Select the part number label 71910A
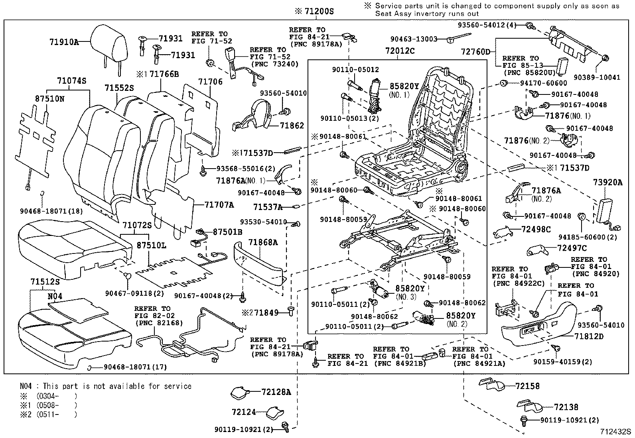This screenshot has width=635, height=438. (64, 41)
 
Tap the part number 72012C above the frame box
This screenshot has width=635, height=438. (400, 51)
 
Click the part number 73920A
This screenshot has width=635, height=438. (607, 183)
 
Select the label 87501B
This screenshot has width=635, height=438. (227, 232)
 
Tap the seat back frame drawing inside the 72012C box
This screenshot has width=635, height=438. (443, 108)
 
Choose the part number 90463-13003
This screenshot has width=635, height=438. (414, 39)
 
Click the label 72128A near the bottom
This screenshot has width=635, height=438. (276, 392)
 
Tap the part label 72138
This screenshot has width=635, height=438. (566, 407)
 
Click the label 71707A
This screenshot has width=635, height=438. (219, 205)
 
